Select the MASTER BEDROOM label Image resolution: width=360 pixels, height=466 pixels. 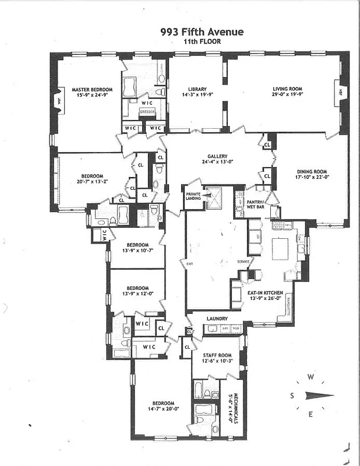92,90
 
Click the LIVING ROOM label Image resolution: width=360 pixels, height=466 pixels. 287,89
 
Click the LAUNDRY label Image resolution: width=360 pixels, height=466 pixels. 216,319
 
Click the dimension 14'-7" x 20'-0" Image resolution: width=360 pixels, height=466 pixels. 163,409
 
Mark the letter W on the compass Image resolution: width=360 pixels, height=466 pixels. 311,377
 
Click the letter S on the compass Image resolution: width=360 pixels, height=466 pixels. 292,396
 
